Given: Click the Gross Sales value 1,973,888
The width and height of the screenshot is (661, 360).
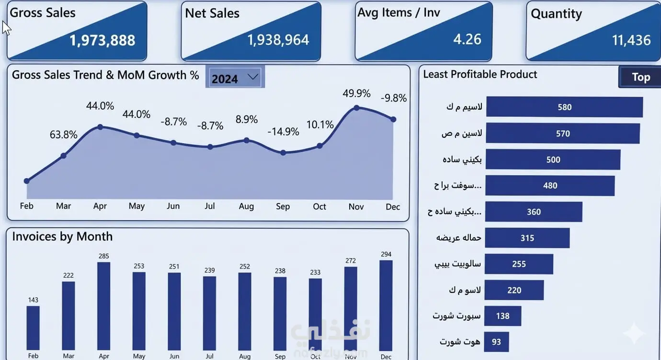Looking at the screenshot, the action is click(x=102, y=40).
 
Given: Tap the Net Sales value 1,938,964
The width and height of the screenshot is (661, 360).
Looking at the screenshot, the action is click(x=278, y=40).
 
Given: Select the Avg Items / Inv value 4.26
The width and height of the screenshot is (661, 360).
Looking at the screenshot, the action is click(x=467, y=39).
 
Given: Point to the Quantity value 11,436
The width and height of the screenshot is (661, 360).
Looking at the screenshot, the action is click(x=631, y=40).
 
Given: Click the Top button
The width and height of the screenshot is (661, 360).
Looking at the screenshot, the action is click(x=640, y=77).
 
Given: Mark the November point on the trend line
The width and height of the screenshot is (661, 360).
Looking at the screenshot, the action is click(x=356, y=108).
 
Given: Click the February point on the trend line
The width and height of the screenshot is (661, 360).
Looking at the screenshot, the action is click(x=26, y=181).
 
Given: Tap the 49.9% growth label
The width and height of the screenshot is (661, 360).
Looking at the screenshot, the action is click(x=356, y=93).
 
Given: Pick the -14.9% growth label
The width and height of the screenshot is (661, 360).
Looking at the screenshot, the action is click(x=283, y=132).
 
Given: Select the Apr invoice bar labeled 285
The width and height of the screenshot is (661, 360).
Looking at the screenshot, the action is click(x=103, y=306).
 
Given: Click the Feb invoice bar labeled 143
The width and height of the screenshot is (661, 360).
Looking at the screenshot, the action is click(x=33, y=328).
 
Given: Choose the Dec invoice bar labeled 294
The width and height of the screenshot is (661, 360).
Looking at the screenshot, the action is click(x=386, y=305).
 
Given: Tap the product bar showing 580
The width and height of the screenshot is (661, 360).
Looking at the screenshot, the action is click(x=565, y=107).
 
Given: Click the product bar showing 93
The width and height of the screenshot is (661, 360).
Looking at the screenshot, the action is click(x=496, y=342).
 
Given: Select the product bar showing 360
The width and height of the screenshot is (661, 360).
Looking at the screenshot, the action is click(x=534, y=212).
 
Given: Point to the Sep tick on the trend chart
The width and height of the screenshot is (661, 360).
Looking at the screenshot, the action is click(x=283, y=206).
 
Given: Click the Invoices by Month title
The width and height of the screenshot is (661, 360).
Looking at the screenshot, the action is click(x=62, y=236).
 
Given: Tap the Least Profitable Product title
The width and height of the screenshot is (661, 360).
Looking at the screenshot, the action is click(x=480, y=74).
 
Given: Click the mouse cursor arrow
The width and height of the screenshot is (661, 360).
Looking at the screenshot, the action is click(x=6, y=28).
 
